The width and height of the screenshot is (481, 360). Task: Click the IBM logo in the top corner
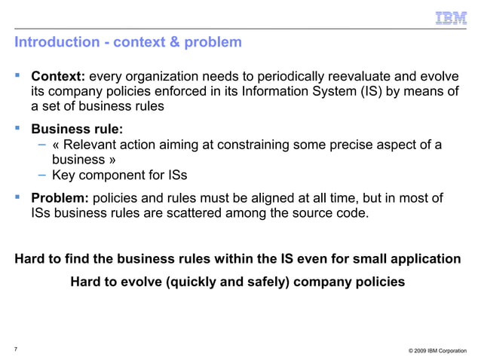click(x=451, y=17)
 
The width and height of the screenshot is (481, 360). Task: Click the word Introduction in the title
click(x=57, y=42)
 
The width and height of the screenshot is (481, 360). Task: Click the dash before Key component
click(x=43, y=175)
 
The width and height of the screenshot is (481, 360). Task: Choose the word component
click(x=116, y=175)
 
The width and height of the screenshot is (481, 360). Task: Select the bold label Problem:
click(x=60, y=198)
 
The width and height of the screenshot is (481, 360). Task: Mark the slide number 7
click(x=16, y=347)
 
